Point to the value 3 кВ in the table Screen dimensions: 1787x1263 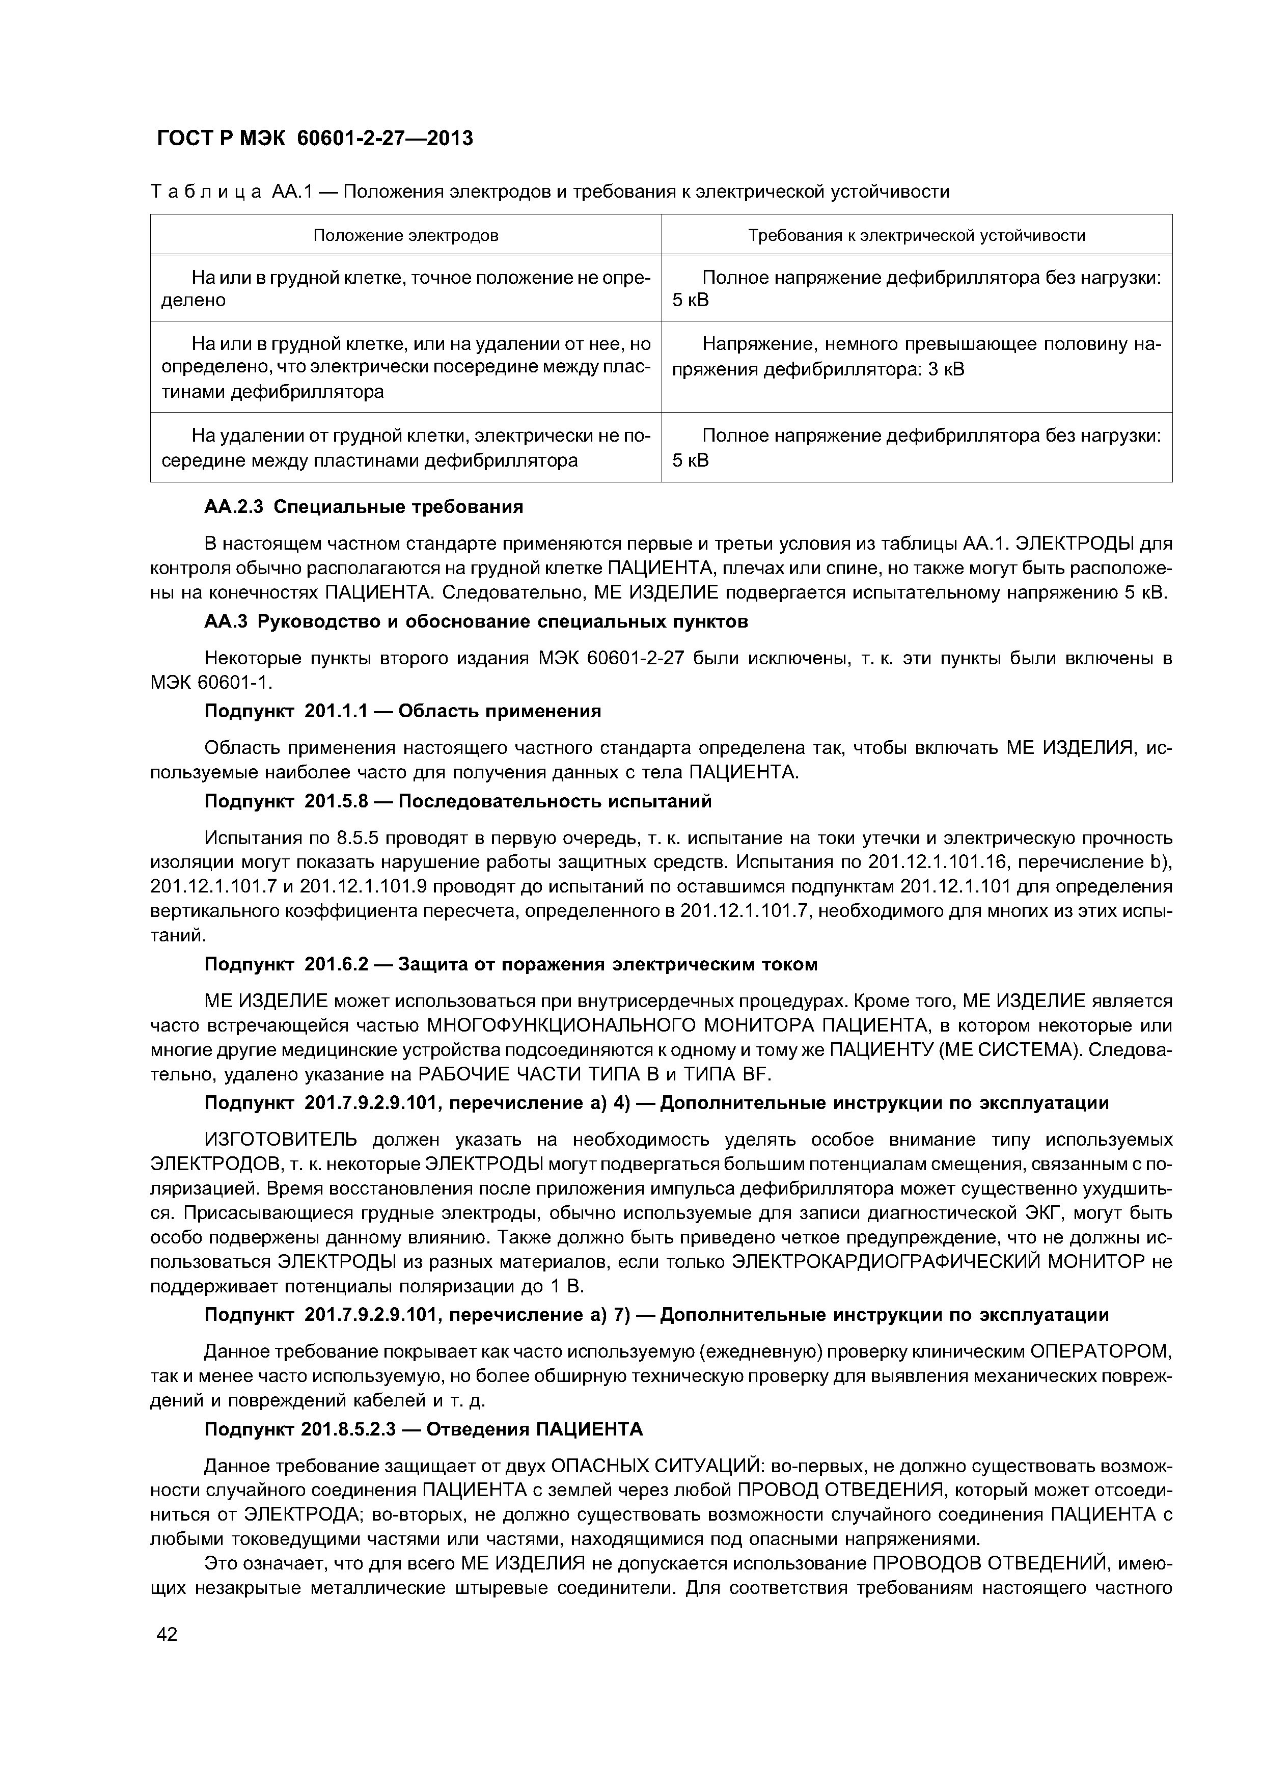pyautogui.click(x=946, y=369)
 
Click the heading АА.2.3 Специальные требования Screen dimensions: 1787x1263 pyautogui.click(x=364, y=507)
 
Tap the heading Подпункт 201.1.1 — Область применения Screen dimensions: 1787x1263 pyautogui.click(x=402, y=711)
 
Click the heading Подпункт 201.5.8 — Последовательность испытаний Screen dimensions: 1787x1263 pyautogui.click(x=457, y=801)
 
